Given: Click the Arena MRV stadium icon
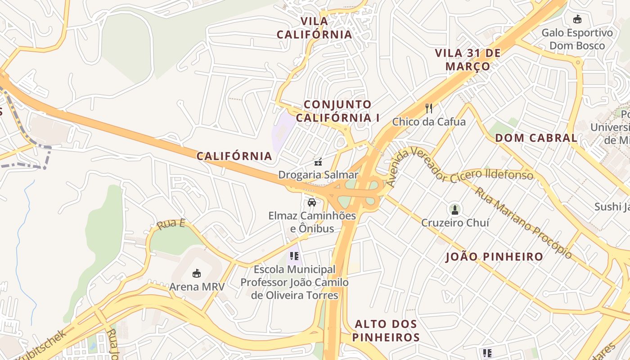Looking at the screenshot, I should [196, 273].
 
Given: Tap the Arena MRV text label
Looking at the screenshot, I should [197, 286].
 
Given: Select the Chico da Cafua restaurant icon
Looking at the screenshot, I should [429, 108].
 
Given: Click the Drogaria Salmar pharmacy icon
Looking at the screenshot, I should [318, 162].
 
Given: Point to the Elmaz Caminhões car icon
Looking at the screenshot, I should [311, 202].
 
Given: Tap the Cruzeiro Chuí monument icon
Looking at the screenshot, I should [454, 209].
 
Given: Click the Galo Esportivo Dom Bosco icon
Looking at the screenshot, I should [577, 19].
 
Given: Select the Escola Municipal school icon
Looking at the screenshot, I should [294, 256].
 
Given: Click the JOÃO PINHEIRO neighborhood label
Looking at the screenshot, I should [494, 257].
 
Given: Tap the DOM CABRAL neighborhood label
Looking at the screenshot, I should [536, 138].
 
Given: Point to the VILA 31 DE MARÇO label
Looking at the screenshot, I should [468, 59].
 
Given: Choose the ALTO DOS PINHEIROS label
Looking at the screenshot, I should [386, 330].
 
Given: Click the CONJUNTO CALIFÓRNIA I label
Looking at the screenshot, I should [337, 111].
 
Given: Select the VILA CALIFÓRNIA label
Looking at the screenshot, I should [314, 28].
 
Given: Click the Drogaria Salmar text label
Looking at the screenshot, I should [318, 175].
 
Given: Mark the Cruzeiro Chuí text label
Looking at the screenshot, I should [455, 222].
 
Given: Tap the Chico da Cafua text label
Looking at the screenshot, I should [429, 121].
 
